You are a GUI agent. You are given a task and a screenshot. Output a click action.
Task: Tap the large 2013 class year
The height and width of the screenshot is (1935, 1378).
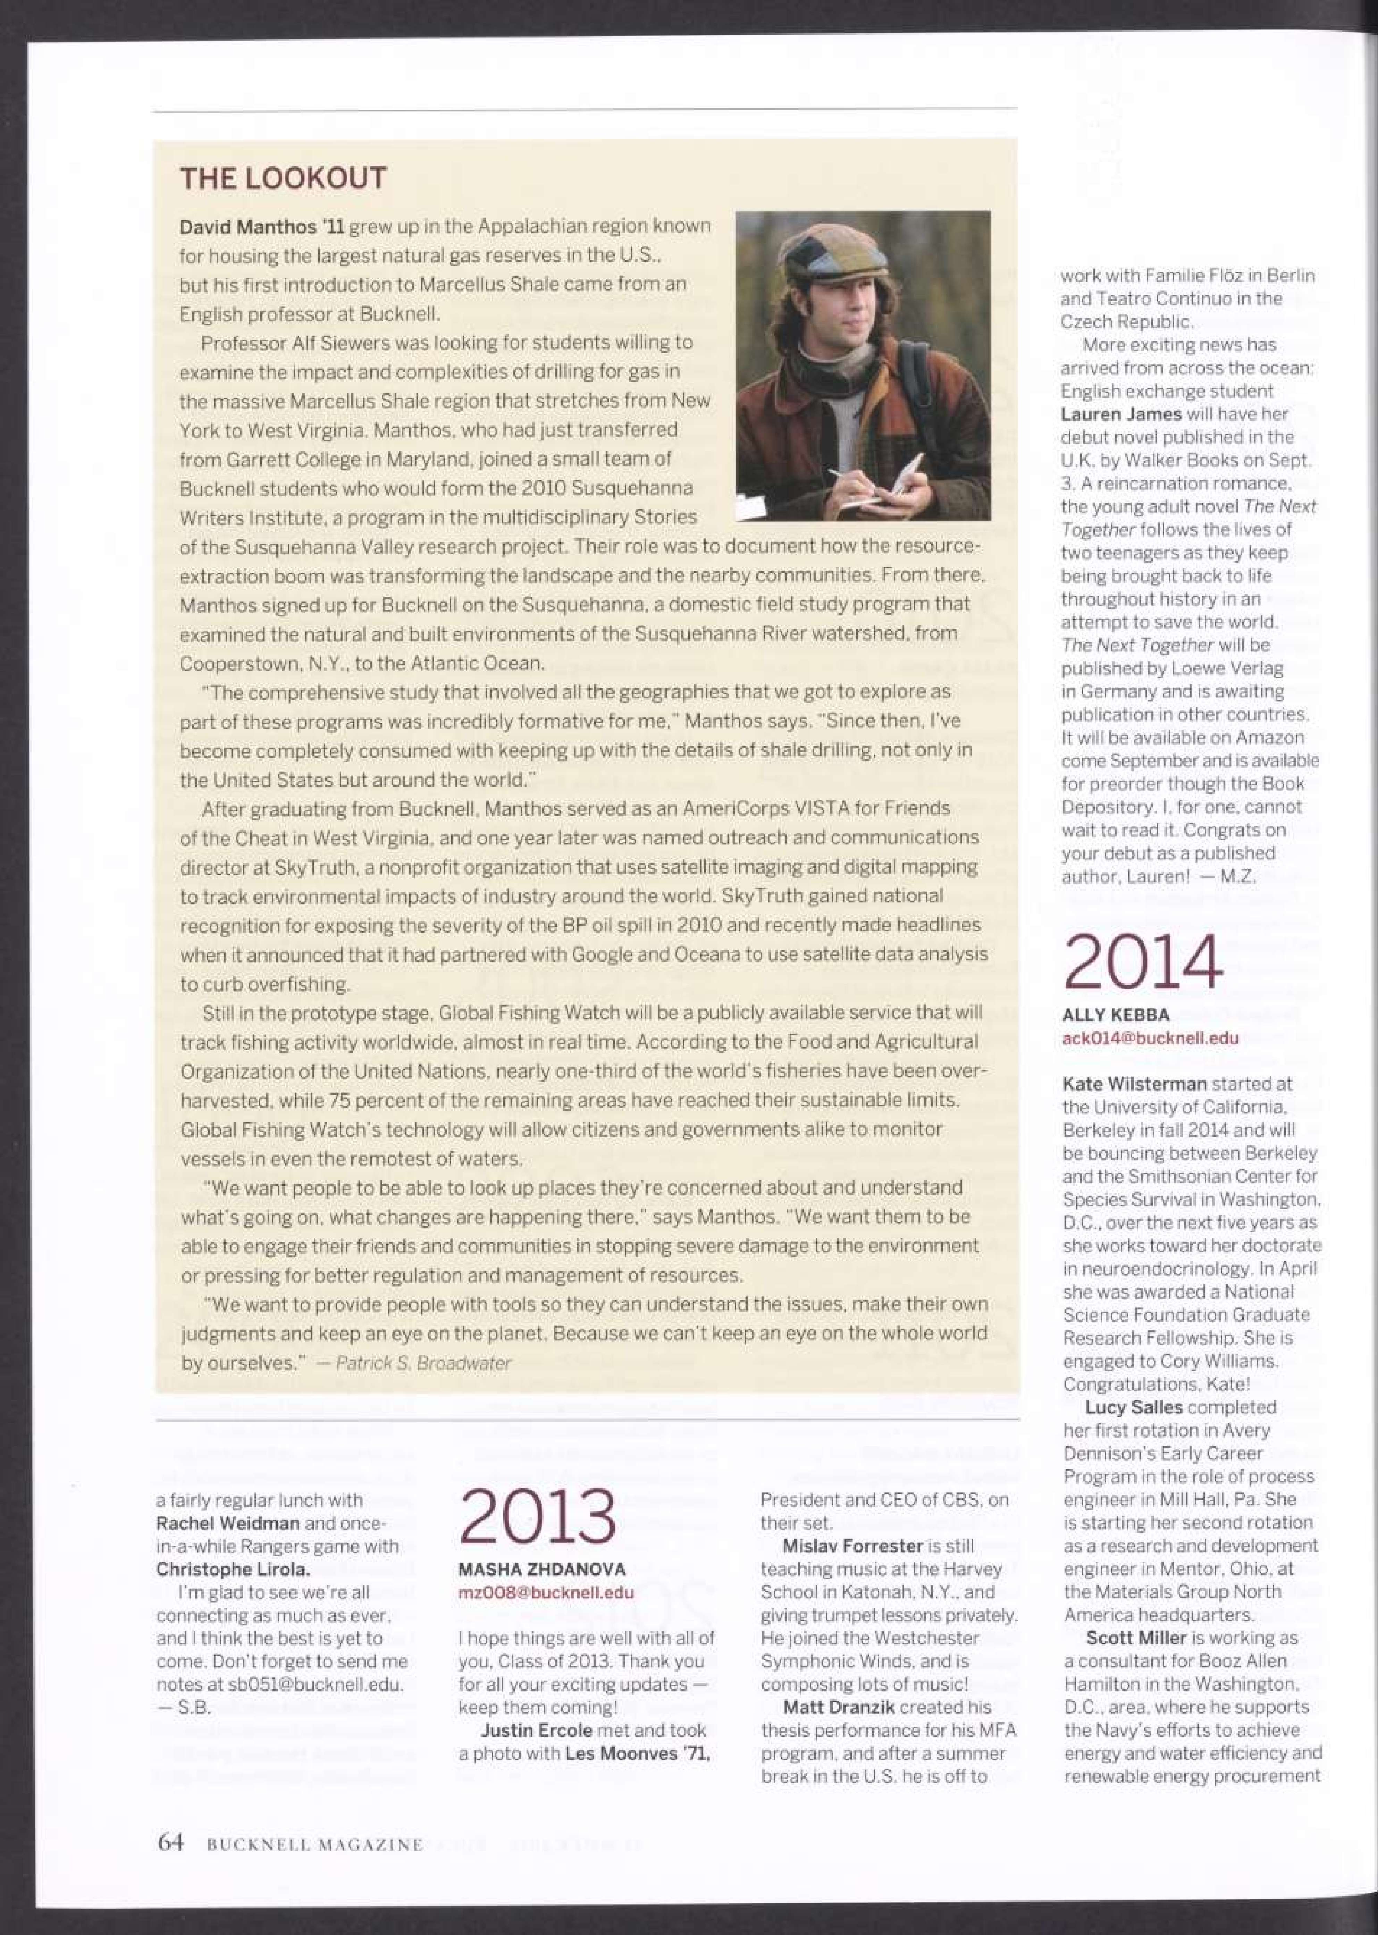click(538, 1516)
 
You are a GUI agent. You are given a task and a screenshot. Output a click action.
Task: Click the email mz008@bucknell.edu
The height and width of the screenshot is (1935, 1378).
click(546, 1592)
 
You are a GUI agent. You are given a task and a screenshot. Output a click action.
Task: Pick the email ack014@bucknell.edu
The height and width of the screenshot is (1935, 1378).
click(1150, 1037)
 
